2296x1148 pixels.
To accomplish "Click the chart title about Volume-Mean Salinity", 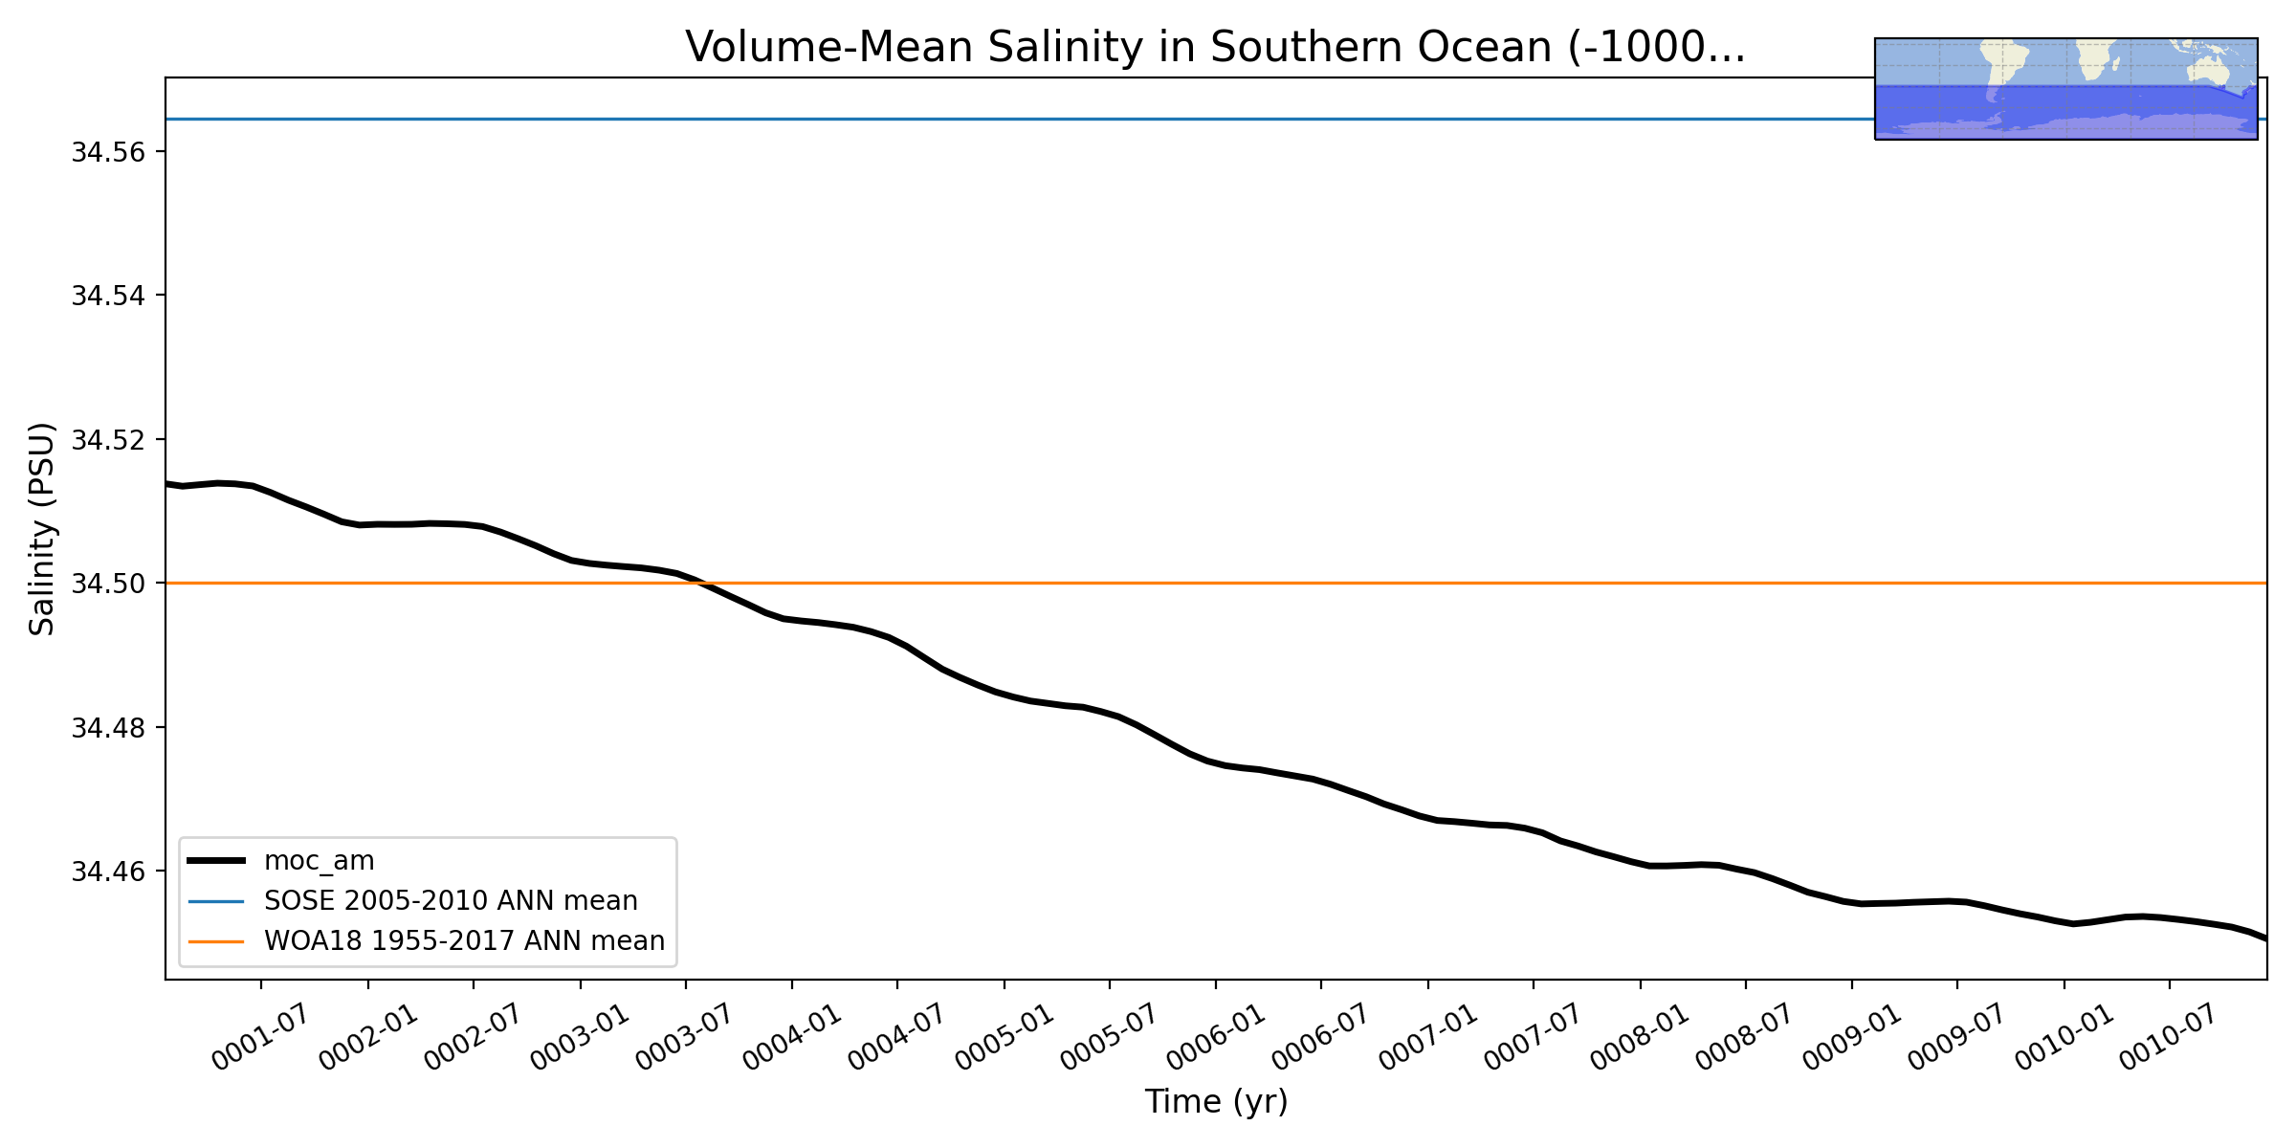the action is pos(1215,47).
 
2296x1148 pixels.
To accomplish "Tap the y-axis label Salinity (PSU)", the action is pos(42,529).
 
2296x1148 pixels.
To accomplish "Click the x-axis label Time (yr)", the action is pos(1216,1101).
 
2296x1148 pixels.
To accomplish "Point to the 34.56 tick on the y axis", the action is pos(106,152).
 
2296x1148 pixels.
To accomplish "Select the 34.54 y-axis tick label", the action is pos(106,296).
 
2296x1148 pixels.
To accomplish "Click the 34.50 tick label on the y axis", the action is pos(106,584).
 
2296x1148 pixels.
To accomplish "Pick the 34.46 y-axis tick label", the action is pos(106,872).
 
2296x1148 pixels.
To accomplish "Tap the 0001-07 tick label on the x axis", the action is pos(260,1037).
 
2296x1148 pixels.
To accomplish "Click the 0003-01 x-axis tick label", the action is pos(580,1037).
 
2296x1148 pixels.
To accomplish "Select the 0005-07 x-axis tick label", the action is pos(1109,1037).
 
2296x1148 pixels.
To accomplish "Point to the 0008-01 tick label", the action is pos(1640,1037).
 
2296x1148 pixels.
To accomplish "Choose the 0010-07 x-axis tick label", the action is pos(2169,1037).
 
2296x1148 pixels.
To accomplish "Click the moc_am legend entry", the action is pos(280,860).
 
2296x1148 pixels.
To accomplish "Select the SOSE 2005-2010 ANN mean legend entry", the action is pos(412,900).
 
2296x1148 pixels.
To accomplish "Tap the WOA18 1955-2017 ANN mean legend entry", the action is pos(426,940).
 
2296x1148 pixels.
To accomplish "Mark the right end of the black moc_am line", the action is pos(2266,939).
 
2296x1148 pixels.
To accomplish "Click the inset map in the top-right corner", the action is pos(2066,89).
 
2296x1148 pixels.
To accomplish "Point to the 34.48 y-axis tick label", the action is pos(106,728).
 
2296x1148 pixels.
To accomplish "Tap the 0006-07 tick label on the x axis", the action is pos(1320,1037).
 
